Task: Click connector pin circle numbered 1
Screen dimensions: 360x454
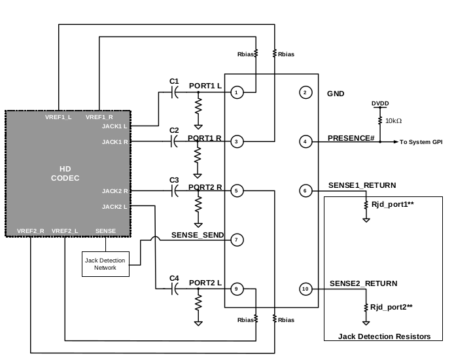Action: [238, 93]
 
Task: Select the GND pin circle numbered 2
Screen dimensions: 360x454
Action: [305, 93]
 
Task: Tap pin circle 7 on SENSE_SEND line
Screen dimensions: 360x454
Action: [238, 240]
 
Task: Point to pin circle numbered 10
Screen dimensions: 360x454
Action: [305, 289]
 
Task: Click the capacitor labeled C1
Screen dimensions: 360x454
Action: [174, 93]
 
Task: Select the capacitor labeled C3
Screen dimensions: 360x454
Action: [174, 191]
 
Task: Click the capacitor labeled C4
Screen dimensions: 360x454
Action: [174, 289]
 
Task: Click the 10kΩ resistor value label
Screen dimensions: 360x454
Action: [393, 121]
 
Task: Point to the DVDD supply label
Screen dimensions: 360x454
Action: [379, 103]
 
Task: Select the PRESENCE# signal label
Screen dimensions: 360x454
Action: [351, 137]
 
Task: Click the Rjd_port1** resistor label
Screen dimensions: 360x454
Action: [392, 205]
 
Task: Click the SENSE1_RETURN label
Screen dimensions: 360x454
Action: [362, 186]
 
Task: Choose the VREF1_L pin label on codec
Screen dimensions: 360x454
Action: [59, 117]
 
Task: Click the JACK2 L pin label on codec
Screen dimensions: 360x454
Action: [115, 207]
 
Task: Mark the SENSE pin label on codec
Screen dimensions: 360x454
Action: [105, 231]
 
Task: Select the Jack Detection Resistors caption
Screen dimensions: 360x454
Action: [385, 336]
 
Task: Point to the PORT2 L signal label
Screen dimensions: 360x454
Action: [205, 282]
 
